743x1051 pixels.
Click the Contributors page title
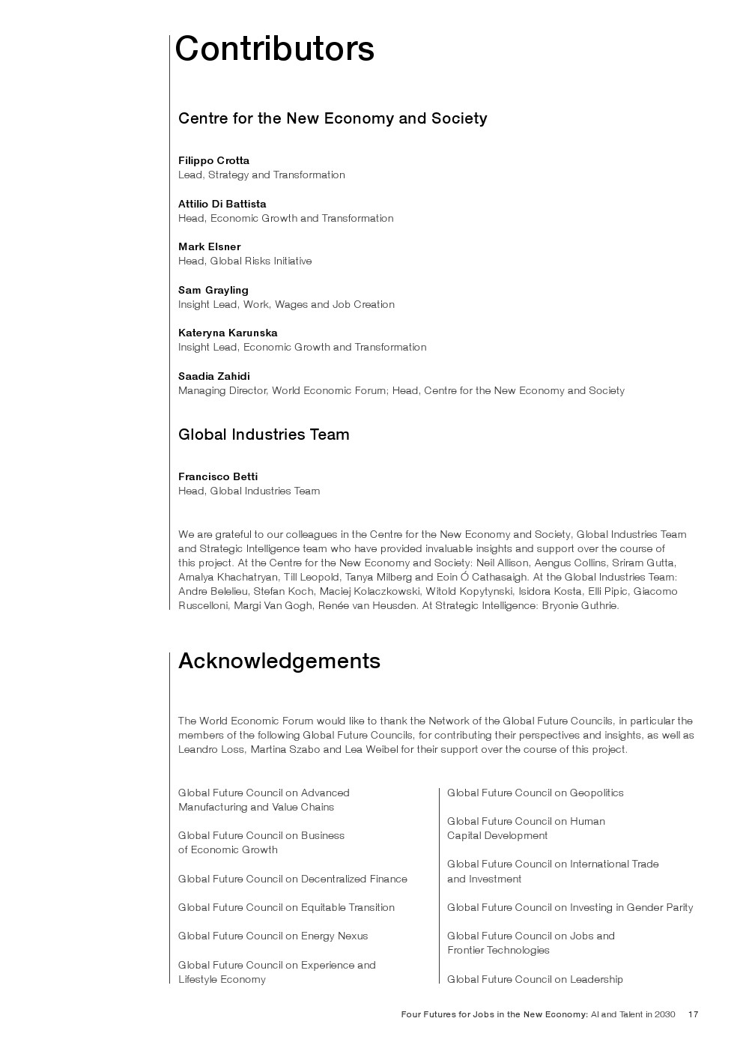coord(274,49)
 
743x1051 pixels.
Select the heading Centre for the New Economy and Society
coord(333,118)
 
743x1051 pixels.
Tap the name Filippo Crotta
coord(213,160)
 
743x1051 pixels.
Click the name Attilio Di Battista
coord(222,204)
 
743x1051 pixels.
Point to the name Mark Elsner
coord(209,246)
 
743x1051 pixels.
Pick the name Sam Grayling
coord(213,290)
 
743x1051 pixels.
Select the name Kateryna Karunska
coord(228,333)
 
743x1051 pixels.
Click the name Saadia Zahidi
coord(213,376)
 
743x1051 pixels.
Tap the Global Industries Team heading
coord(264,434)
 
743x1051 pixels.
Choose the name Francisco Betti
coord(217,476)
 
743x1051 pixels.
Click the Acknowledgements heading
coord(279,661)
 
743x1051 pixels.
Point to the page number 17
coord(693,1014)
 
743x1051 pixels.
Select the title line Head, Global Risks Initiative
coord(245,261)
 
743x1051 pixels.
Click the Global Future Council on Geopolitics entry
coord(535,793)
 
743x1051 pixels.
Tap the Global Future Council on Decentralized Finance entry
coord(292,879)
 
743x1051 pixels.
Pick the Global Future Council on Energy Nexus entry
coord(273,936)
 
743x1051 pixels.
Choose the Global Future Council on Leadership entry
coord(535,979)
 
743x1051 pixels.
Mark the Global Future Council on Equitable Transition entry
coord(286,907)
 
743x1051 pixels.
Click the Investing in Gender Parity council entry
coord(570,907)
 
